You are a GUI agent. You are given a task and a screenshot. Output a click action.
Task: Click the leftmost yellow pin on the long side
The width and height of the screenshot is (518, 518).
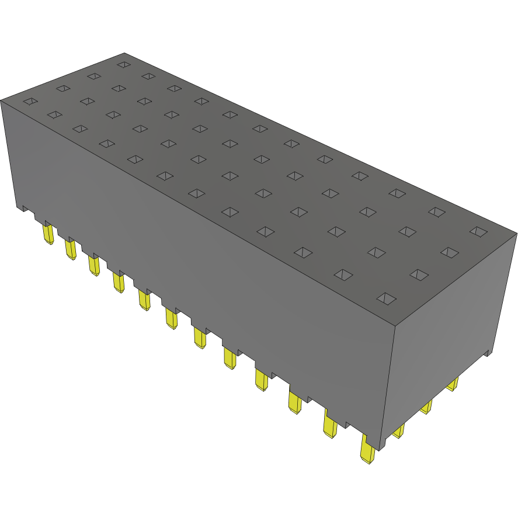coord(48,235)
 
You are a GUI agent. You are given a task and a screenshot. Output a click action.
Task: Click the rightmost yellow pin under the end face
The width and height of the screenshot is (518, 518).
coord(453,384)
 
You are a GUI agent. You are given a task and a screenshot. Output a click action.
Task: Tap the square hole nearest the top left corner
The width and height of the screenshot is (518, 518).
coord(30,102)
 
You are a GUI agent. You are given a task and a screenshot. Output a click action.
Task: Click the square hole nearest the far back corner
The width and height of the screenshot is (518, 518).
coord(123,64)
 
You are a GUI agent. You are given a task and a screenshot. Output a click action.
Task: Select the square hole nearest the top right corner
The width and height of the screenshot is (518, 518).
coord(478,232)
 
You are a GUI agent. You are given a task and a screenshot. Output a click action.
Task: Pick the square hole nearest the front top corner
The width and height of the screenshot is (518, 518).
coord(385,299)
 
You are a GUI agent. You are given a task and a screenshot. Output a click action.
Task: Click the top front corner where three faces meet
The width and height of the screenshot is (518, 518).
coord(395,326)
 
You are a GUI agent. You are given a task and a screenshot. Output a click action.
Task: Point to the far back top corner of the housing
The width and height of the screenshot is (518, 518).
coord(125,53)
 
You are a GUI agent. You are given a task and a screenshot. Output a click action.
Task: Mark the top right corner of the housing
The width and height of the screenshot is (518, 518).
coord(516,234)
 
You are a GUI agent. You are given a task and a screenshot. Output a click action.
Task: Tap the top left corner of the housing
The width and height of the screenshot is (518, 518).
coord(1,100)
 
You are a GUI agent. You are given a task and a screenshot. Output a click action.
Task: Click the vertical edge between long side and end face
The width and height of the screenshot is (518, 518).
coord(390,385)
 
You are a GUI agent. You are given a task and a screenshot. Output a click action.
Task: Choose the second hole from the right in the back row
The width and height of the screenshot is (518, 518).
coord(436,211)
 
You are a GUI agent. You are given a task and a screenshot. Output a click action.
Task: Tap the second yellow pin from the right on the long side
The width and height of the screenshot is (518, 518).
coord(330,426)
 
